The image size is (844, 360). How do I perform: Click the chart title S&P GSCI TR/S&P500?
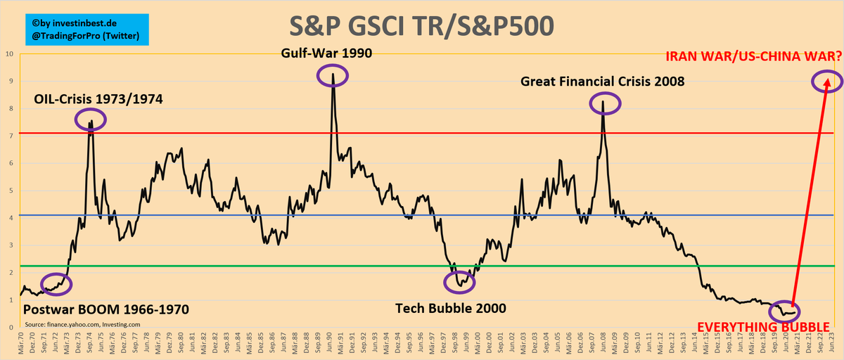click(x=422, y=26)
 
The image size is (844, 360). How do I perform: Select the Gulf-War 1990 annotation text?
click(x=326, y=53)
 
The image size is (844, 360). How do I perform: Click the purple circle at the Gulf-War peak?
click(x=332, y=75)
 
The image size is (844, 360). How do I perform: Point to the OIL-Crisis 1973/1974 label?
click(x=98, y=99)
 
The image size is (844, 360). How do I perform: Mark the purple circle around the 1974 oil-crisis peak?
click(x=91, y=120)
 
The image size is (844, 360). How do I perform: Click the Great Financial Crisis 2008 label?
click(x=603, y=82)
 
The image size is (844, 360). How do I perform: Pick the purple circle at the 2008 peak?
click(x=603, y=103)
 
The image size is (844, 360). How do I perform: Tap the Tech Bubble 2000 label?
click(x=450, y=308)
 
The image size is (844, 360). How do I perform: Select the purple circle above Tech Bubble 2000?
click(x=460, y=282)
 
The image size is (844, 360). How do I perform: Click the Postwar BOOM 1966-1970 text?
click(x=106, y=309)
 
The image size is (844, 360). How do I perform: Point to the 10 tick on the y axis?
click(x=9, y=53)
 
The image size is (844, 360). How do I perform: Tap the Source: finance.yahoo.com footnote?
click(x=82, y=324)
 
